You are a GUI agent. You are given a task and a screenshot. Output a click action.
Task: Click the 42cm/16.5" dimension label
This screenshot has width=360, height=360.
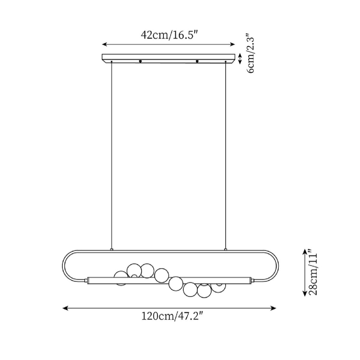click(x=169, y=35)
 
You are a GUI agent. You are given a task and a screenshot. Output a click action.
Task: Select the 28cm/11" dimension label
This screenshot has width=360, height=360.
click(x=313, y=274)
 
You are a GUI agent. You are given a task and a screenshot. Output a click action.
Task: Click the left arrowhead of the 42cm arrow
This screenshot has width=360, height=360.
click(x=104, y=44)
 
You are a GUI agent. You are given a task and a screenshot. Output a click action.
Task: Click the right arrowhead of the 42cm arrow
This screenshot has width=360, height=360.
click(x=232, y=44)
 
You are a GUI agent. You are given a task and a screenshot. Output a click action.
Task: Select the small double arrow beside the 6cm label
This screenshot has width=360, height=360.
click(x=240, y=58)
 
